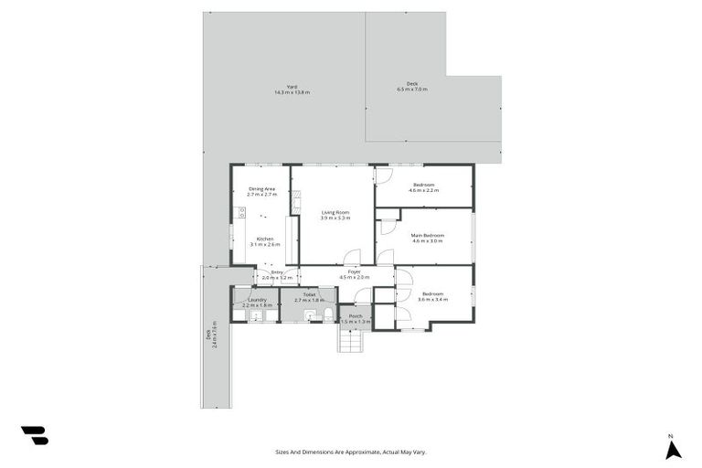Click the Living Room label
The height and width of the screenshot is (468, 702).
click(x=335, y=212)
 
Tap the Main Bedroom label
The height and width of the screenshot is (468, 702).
click(x=428, y=236)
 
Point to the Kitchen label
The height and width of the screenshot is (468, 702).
click(x=264, y=239)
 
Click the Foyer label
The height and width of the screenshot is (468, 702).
click(x=351, y=272)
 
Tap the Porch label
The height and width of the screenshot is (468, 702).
click(x=355, y=316)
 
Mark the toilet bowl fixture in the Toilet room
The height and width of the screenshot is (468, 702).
click(x=327, y=314)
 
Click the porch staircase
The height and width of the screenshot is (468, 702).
click(x=352, y=340)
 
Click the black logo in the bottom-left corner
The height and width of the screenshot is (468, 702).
click(x=35, y=436)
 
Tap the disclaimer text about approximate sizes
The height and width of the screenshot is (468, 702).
click(x=351, y=452)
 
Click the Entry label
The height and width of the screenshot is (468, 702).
click(x=275, y=272)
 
